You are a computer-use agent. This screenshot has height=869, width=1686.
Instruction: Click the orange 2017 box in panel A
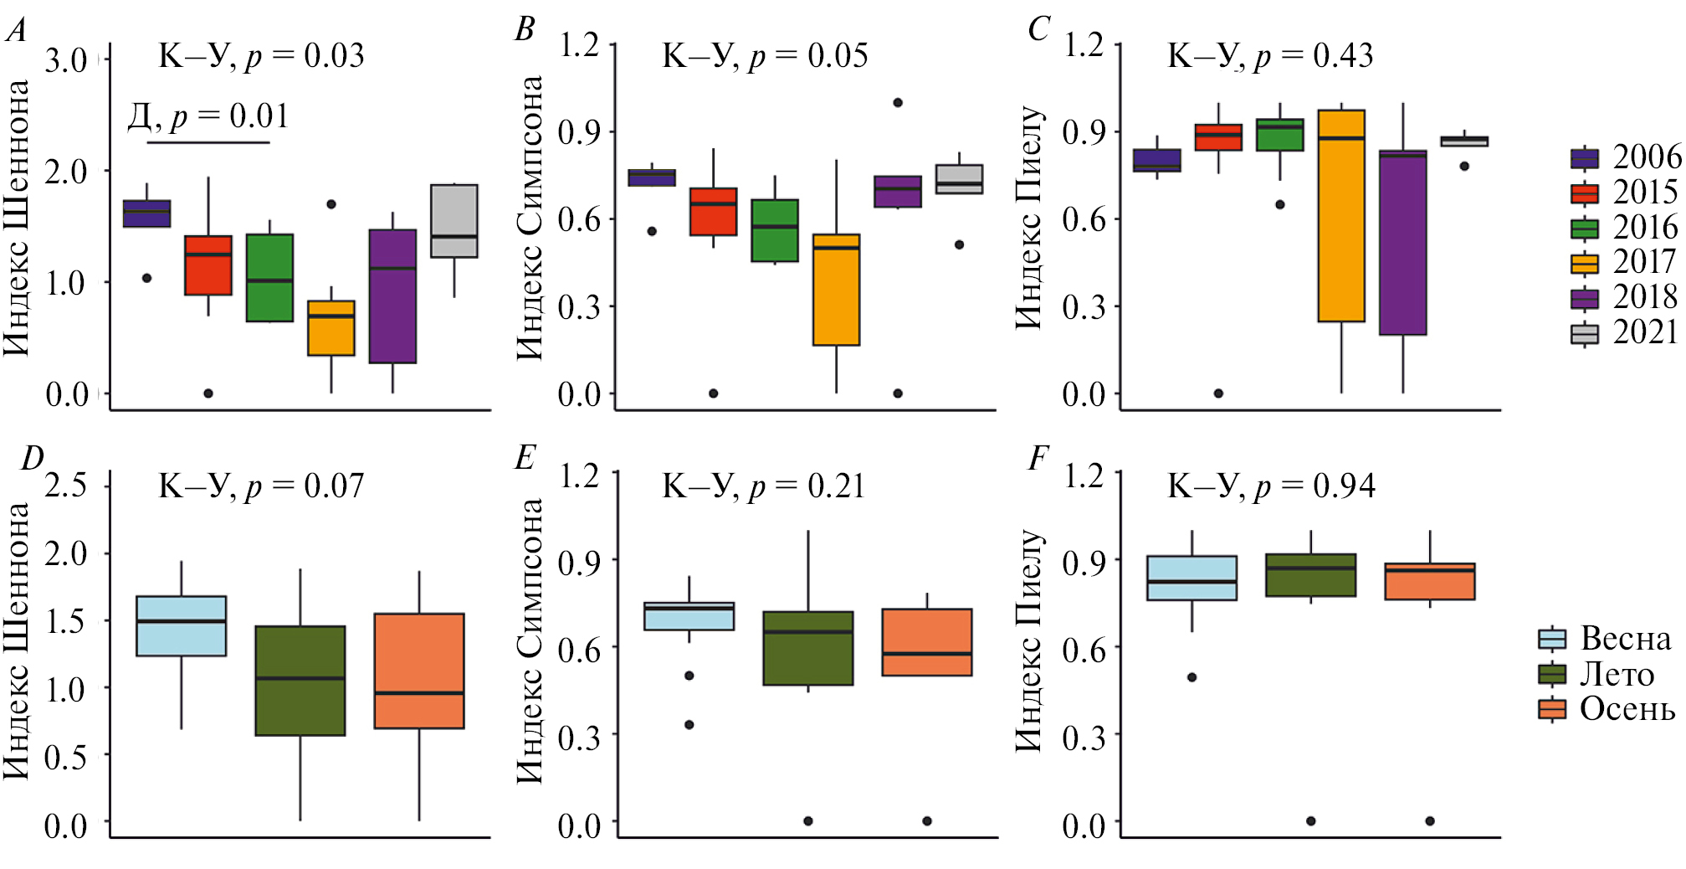[331, 328]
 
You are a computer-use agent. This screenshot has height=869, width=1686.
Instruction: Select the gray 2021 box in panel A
[454, 221]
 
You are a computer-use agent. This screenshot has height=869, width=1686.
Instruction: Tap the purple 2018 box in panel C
[1403, 243]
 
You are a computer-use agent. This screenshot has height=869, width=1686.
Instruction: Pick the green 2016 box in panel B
[775, 231]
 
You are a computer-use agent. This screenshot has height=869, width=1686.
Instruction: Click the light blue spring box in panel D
[182, 626]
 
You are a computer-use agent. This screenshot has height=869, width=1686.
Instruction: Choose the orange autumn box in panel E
[927, 642]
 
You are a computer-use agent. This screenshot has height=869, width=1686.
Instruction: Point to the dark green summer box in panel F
[1311, 575]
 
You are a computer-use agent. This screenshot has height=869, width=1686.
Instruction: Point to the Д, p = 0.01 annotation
[208, 116]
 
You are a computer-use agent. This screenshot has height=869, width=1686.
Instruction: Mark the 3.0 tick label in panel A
[66, 61]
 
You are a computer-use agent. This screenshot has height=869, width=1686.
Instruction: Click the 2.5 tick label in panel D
[66, 486]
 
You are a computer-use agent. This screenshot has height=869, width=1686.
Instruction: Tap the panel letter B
[525, 30]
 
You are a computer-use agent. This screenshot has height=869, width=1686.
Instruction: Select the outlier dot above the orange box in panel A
[331, 204]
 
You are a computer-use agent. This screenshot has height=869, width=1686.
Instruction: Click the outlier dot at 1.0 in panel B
[898, 103]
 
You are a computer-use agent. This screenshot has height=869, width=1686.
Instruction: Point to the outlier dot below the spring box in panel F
[1192, 677]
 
